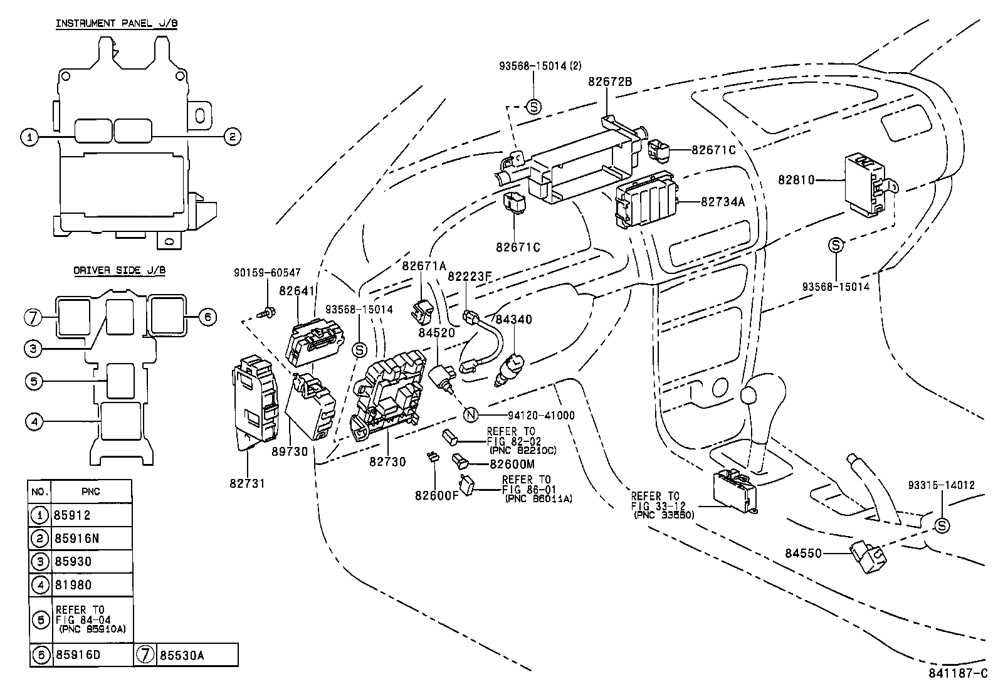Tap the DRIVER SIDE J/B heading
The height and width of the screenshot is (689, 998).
120,271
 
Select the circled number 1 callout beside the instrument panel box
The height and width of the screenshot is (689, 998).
29,137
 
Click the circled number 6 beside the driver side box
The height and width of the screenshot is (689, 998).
207,317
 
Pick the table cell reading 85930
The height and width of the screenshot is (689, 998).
73,562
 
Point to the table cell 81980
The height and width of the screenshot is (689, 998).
73,585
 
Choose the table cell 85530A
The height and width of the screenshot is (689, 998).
182,656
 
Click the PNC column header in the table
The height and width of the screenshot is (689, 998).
91,492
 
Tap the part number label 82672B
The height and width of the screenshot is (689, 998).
610,82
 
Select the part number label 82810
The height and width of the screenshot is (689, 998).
796,180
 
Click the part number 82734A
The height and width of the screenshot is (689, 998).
722,202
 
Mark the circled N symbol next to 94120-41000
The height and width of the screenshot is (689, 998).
471,415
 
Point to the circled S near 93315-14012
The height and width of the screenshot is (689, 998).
942,526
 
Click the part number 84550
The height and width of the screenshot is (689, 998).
803,554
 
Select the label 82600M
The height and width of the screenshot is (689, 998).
512,464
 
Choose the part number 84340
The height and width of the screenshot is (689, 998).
513,320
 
